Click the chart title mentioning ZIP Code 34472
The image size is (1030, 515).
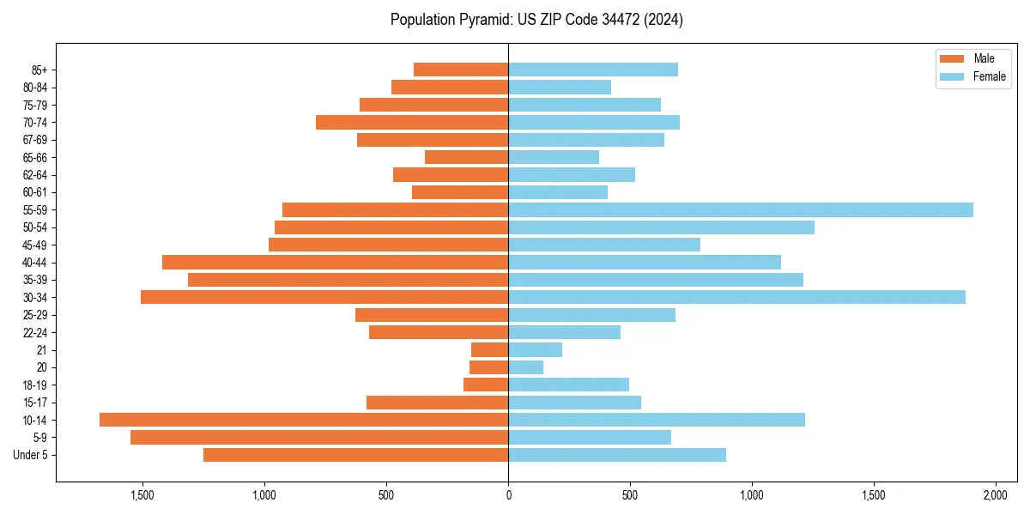536,20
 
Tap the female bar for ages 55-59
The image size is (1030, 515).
740,209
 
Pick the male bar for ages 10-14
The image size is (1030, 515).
304,420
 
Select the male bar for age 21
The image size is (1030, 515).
489,349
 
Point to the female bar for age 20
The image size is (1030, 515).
525,367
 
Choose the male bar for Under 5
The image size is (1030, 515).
355,455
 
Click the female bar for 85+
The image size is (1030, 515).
592,70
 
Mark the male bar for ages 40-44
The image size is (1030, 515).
335,262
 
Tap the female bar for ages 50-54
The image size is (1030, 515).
661,227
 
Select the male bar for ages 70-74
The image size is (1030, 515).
412,122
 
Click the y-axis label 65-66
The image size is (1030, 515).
35,157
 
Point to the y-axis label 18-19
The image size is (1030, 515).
35,385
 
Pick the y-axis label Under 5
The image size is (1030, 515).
31,455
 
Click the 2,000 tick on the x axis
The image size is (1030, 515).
995,495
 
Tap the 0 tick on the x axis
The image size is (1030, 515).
508,495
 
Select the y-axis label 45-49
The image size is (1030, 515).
35,245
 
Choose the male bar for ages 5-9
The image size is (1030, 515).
319,437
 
